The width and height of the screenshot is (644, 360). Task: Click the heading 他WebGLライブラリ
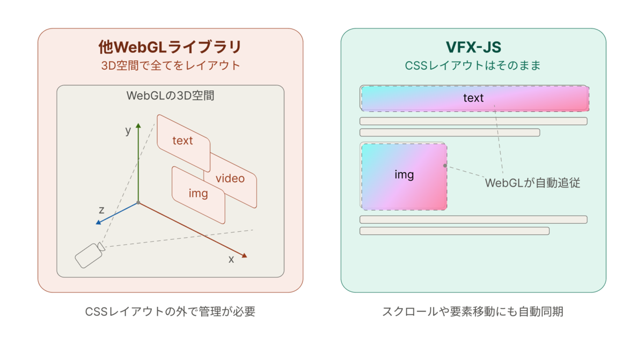170,47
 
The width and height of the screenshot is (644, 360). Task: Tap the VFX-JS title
473,47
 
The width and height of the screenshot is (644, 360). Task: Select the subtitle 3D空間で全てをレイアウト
171,65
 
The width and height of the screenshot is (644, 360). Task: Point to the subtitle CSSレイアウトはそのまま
473,65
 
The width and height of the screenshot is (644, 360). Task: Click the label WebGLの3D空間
170,95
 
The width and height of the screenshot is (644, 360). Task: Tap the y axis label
128,131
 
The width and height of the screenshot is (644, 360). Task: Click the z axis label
101,210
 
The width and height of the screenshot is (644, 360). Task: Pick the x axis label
231,260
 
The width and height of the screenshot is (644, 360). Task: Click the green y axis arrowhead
138,126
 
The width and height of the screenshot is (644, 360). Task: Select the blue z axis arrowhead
98,222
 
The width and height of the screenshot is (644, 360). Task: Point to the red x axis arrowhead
244,255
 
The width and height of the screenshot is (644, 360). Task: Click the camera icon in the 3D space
90,255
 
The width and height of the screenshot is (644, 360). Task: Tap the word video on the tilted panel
230,179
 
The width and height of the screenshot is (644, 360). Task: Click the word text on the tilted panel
182,141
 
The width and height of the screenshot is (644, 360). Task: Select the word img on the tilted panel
198,193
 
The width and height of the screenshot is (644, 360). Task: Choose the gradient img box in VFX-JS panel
404,177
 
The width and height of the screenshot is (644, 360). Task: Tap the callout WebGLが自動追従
532,183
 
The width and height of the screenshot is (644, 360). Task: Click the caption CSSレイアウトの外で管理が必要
170,312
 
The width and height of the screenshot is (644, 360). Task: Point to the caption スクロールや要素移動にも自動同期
473,312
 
